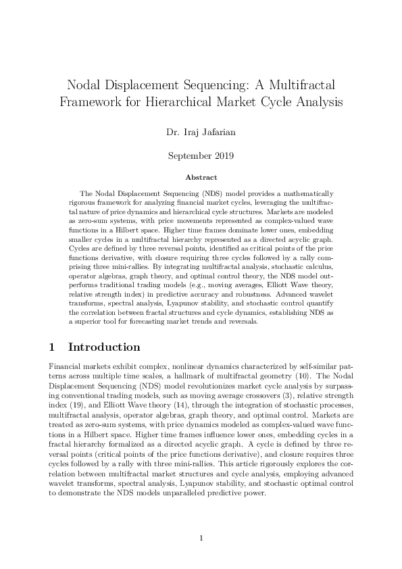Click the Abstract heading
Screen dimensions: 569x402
(201, 177)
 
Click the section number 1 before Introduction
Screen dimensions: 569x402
(51, 347)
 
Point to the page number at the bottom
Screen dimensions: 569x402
(201, 538)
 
